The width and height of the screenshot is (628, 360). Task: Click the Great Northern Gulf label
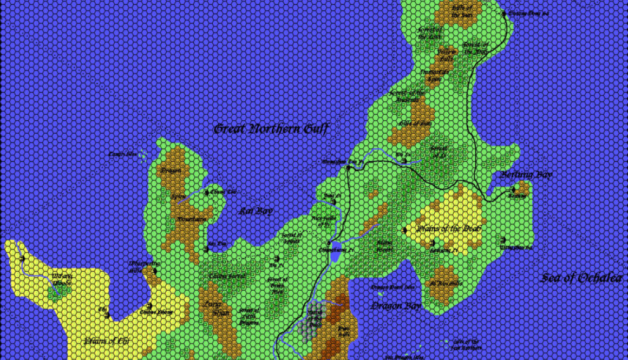pos(271,129)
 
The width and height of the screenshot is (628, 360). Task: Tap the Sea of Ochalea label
pos(584,278)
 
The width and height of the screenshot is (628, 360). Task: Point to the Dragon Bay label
pos(396,306)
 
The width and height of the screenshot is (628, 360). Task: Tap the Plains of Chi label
pos(108,341)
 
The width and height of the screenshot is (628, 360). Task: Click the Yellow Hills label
pos(446,55)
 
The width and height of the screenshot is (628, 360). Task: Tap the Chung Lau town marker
pos(206,192)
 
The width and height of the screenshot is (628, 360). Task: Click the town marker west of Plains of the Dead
pos(405,230)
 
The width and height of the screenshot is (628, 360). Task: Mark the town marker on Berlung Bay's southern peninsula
pos(512,189)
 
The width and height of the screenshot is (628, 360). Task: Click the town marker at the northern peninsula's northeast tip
pos(503,13)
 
